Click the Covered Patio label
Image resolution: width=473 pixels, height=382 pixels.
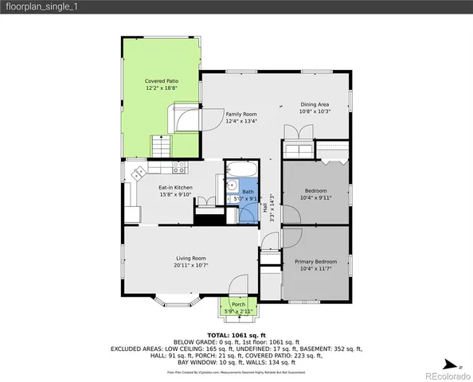click(x=161, y=81)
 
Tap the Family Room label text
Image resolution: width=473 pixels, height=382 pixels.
click(x=240, y=115)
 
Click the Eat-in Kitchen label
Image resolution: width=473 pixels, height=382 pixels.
click(x=175, y=188)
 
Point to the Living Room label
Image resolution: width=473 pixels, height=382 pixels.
click(x=191, y=258)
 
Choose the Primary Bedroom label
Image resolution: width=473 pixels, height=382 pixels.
click(x=315, y=262)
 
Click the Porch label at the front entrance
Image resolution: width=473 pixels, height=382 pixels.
click(x=238, y=304)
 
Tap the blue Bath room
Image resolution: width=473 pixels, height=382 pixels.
click(x=248, y=192)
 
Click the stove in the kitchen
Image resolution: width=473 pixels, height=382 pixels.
click(x=179, y=167)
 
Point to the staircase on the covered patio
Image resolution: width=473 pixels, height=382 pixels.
click(x=162, y=146)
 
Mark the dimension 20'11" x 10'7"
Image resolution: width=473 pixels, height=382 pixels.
click(x=191, y=265)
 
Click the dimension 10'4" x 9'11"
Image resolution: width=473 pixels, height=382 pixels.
click(x=315, y=198)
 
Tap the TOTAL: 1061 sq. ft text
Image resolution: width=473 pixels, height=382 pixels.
click(x=236, y=335)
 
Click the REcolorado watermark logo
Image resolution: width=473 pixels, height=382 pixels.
click(x=448, y=375)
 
